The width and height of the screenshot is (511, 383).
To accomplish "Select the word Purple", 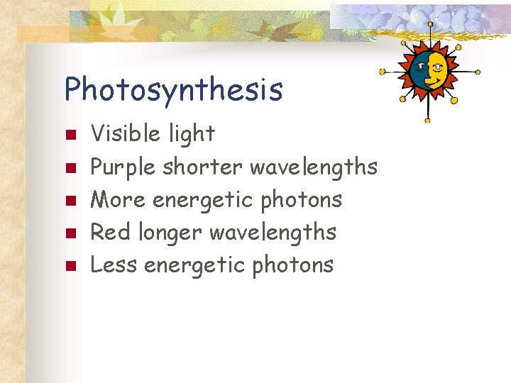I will click(123, 167).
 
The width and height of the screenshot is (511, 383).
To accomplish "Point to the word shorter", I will click(203, 167).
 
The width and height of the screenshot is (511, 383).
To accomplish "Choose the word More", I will click(119, 200).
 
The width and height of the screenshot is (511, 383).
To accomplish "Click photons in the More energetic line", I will click(302, 200).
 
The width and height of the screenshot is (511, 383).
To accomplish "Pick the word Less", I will click(114, 265).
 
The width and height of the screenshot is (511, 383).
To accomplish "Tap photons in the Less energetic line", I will click(293, 265).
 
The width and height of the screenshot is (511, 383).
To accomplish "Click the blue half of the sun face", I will click(419, 70).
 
